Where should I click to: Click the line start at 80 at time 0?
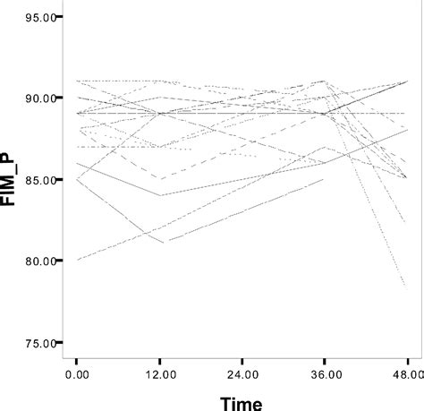tap(78, 260)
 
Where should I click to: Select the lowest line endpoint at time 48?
tap(406, 288)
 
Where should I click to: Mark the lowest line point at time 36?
tap(324, 179)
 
